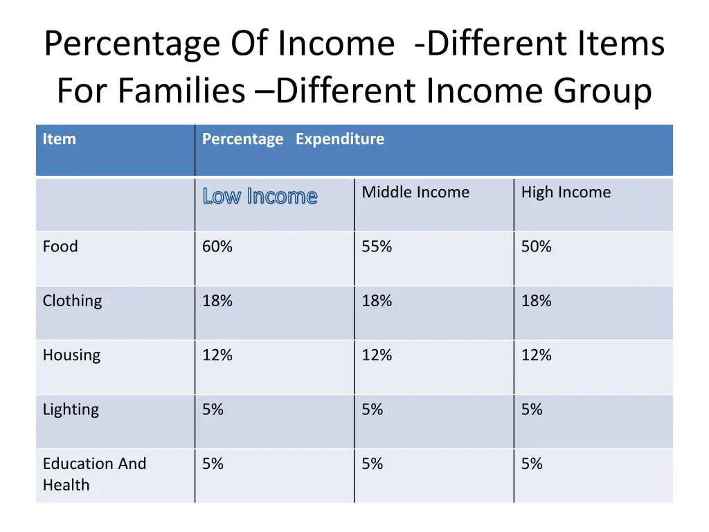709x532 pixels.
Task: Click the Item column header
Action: [x=60, y=139]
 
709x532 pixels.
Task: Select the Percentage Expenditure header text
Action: [x=293, y=139]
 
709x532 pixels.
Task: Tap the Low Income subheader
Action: [x=260, y=197]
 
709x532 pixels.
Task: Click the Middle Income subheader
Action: [x=415, y=193]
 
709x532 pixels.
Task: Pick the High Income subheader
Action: [x=566, y=193]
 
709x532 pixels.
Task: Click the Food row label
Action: [x=60, y=247]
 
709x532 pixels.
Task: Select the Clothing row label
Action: [x=72, y=301]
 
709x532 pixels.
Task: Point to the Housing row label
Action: [x=71, y=355]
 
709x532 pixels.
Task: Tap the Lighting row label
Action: [x=71, y=409]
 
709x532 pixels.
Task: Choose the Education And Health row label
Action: [x=94, y=474]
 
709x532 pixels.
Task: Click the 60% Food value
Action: [x=217, y=247]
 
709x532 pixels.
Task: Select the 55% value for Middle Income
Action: [x=377, y=247]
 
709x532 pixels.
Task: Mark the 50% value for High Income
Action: [x=536, y=247]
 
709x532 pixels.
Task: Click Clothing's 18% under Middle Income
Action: [x=377, y=301]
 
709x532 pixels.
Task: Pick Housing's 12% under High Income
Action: [x=536, y=355]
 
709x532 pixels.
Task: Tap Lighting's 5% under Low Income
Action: [x=213, y=409]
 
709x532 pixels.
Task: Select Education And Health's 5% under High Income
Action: [x=532, y=463]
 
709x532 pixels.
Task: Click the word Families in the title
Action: [x=181, y=91]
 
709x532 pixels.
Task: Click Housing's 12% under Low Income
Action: [x=217, y=355]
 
